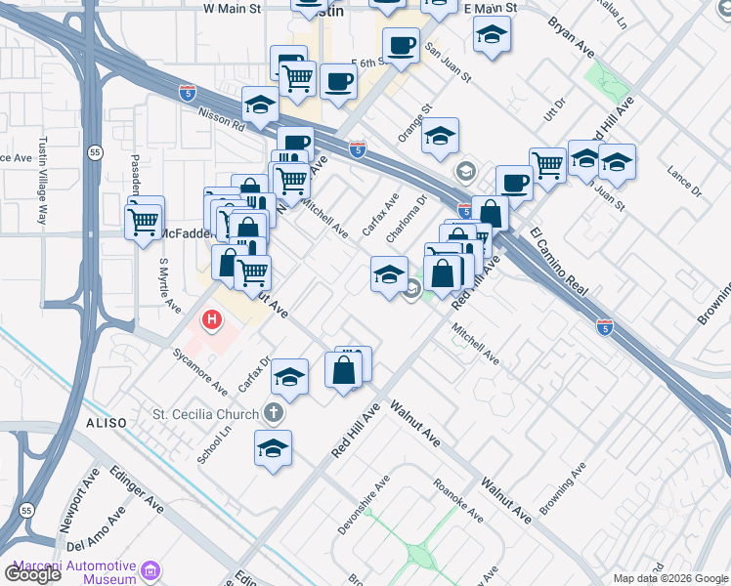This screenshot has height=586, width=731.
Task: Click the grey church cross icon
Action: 274,413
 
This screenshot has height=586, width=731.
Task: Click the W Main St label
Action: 233,8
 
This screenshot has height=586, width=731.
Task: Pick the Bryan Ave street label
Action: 571,37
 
